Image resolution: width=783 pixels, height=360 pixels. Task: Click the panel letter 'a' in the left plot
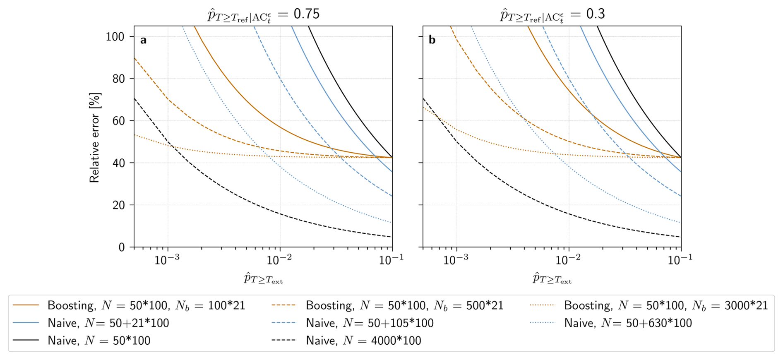pos(143,40)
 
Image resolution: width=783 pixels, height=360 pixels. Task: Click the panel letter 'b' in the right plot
pos(432,40)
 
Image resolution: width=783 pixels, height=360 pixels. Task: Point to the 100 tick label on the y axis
pos(115,37)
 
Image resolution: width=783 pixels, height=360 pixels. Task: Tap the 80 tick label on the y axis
pos(118,79)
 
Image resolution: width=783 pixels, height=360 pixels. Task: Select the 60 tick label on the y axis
pos(118,121)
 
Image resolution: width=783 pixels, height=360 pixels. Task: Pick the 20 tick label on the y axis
pos(118,205)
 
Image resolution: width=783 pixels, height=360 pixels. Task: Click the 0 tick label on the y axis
pos(121,247)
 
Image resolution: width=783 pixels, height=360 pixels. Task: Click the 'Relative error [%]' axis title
pos(95,138)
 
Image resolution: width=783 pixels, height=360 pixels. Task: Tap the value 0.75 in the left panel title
pos(307,14)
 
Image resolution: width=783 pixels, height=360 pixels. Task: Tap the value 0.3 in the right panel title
pos(596,14)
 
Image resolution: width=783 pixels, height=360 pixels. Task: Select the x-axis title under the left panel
pos(263,278)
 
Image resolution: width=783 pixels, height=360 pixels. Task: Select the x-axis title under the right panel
pos(552,278)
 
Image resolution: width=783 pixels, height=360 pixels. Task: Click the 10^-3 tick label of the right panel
pos(456,260)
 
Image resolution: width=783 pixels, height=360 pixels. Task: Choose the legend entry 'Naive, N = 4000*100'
pos(363,341)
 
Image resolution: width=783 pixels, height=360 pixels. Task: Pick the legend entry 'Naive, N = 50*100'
pos(99,341)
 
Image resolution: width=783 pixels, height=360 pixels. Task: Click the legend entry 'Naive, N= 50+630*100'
pos(628,323)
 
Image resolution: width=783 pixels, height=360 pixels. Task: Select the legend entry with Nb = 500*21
pos(404,305)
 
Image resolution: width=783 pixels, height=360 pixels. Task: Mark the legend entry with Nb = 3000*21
pos(666,305)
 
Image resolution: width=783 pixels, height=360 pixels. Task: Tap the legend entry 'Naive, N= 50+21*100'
pos(108,323)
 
